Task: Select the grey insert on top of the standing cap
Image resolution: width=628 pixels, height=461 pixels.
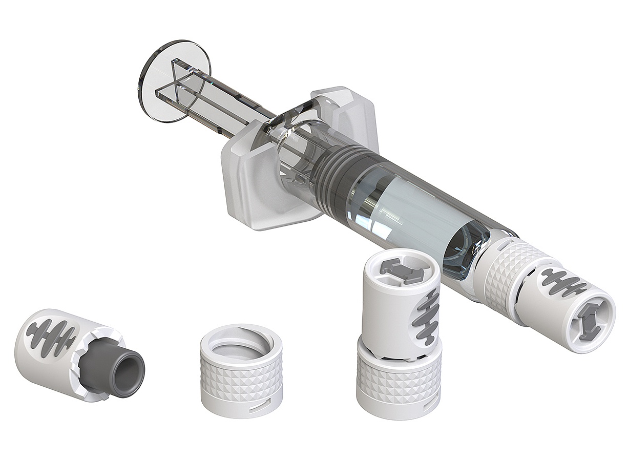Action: pyautogui.click(x=402, y=270)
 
